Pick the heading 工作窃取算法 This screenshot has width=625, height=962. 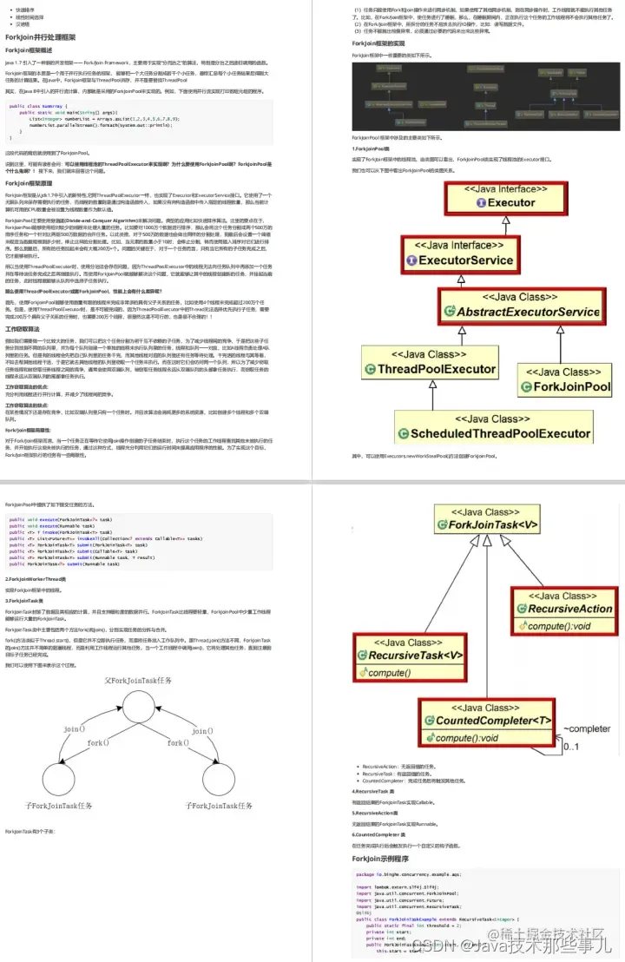pyautogui.click(x=23, y=330)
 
